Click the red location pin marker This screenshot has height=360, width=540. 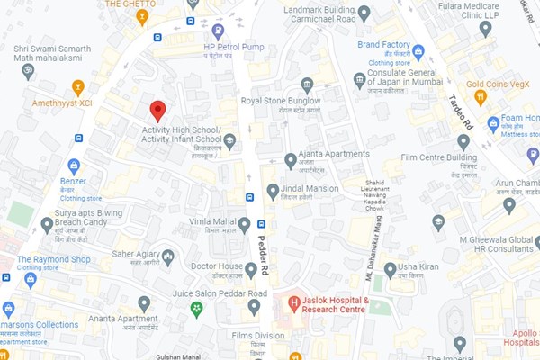pyautogui.click(x=157, y=111)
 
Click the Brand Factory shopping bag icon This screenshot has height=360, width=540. pyautogui.click(x=418, y=51)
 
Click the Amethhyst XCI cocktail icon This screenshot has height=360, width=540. pyautogui.click(x=78, y=87)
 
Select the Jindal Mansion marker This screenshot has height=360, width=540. pyautogui.click(x=273, y=192)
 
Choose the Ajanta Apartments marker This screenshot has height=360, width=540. pyautogui.click(x=291, y=160)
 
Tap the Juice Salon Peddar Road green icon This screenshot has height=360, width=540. pyautogui.click(x=196, y=309)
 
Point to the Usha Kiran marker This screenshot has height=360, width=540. pyautogui.click(x=390, y=269)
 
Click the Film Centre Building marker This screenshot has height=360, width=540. pyautogui.click(x=463, y=142)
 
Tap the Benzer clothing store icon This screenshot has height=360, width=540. pyautogui.click(x=74, y=166)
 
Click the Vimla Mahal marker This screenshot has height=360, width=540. pyautogui.click(x=244, y=224)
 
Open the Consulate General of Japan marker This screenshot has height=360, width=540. pyautogui.click(x=359, y=81)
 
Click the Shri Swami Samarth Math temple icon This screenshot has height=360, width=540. pyautogui.click(x=28, y=70)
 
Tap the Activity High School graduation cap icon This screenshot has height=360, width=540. pyautogui.click(x=230, y=140)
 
